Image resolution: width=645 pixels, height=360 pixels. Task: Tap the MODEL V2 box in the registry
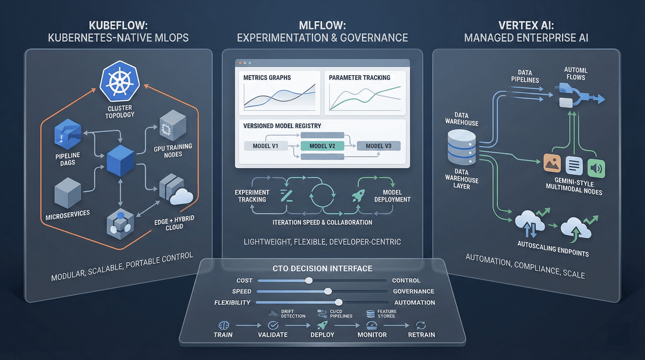point(322,146)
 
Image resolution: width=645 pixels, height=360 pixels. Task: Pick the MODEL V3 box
point(378,146)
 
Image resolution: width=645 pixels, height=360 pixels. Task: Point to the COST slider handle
point(309,280)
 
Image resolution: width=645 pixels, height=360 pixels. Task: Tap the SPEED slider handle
point(328,291)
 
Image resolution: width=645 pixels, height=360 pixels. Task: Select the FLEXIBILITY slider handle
point(339,303)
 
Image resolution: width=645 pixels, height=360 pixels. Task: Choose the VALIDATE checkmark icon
point(273,325)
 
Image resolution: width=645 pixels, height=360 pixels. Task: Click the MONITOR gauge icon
point(372,325)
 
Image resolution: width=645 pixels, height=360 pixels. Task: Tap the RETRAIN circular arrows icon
point(421,325)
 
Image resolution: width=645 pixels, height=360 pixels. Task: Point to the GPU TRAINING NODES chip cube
point(169,126)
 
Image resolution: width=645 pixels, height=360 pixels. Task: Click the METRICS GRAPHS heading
point(267,78)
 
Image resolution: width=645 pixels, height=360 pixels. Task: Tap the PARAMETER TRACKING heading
point(359,78)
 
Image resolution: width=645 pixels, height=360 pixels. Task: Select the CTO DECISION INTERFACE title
point(322,268)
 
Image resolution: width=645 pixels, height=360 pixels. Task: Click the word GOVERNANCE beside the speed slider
point(413,291)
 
